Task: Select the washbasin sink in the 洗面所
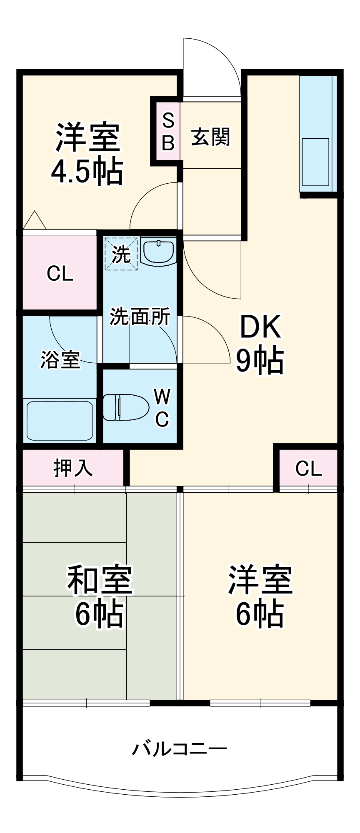(159, 251)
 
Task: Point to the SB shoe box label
(167, 132)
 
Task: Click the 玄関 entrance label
(210, 137)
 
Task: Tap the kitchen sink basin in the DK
(316, 162)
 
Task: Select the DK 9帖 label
(260, 344)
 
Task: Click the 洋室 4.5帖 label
(87, 154)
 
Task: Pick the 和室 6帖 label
(99, 596)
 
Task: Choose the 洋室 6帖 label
(260, 596)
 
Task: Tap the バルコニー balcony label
(180, 749)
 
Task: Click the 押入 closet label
(73, 468)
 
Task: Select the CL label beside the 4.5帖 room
(60, 274)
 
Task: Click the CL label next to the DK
(308, 468)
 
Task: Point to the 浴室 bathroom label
(60, 360)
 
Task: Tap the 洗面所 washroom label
(140, 317)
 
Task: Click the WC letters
(162, 407)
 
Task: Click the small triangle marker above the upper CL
(35, 221)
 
